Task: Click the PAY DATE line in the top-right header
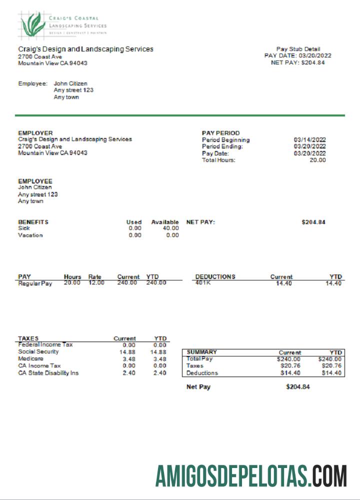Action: (297, 55)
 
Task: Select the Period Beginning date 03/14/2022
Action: (310, 140)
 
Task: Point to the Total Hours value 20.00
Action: (317, 160)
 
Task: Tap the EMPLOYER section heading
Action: (35, 133)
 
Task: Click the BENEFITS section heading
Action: (33, 222)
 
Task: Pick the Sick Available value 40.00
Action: (170, 228)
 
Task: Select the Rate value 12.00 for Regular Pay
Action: (96, 283)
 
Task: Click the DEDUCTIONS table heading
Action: (215, 276)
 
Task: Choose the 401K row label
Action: (203, 283)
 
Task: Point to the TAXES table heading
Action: (28, 338)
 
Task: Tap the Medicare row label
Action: (30, 359)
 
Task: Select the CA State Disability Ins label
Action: (48, 373)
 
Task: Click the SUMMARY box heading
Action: (202, 352)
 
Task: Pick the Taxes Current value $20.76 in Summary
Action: (289, 366)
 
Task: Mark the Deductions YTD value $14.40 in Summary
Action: (331, 373)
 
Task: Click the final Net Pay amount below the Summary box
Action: (298, 387)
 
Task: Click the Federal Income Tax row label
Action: (45, 345)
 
